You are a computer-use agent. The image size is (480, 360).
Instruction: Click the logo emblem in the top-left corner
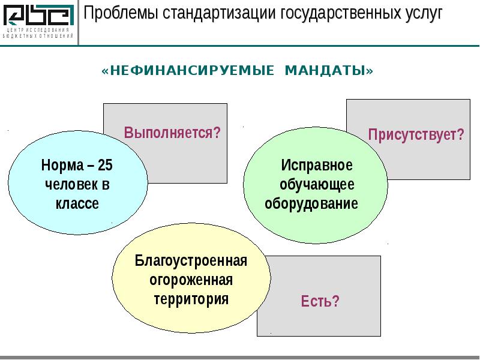pyautogui.click(x=38, y=15)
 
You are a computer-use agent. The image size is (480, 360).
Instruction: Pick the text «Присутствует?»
pyautogui.click(x=416, y=134)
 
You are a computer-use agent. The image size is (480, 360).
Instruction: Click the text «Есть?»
pyautogui.click(x=320, y=301)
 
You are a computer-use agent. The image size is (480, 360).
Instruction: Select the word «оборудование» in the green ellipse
pyautogui.click(x=311, y=203)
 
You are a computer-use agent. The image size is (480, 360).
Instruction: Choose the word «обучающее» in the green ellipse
pyautogui.click(x=317, y=184)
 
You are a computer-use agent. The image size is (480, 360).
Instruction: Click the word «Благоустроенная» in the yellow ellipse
pyautogui.click(x=191, y=262)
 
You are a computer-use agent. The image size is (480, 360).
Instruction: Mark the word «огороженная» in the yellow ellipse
pyautogui.click(x=191, y=280)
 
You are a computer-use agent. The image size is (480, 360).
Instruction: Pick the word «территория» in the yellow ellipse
pyautogui.click(x=191, y=299)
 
